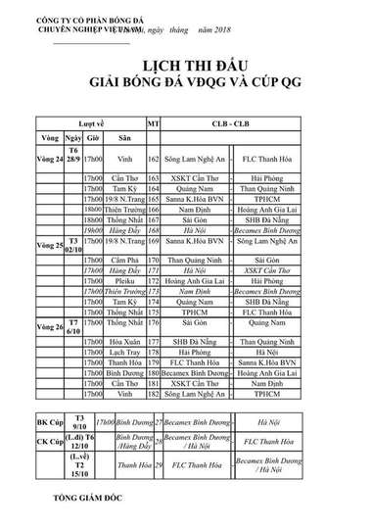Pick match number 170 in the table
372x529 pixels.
tap(153, 262)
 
